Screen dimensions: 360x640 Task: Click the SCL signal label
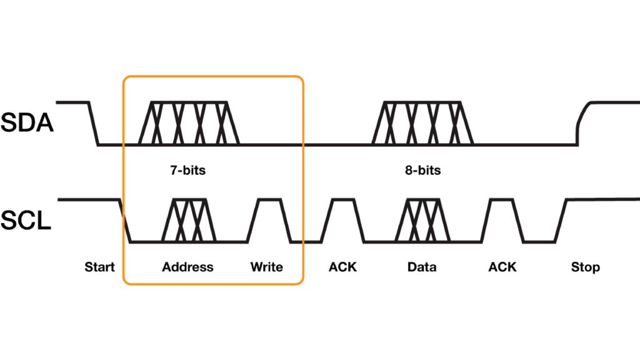click(x=26, y=219)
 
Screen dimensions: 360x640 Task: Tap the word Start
click(x=100, y=267)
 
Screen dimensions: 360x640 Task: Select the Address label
click(x=187, y=267)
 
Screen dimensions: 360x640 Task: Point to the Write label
click(x=267, y=267)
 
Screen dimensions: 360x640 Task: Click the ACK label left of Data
click(x=342, y=267)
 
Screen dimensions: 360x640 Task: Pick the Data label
click(x=422, y=267)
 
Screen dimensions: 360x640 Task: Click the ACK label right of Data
click(x=502, y=267)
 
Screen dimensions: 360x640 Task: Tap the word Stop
click(x=585, y=267)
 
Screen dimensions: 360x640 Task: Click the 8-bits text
click(x=422, y=170)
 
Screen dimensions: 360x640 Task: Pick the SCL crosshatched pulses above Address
click(x=189, y=220)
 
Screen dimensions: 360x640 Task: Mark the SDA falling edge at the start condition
click(x=93, y=123)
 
